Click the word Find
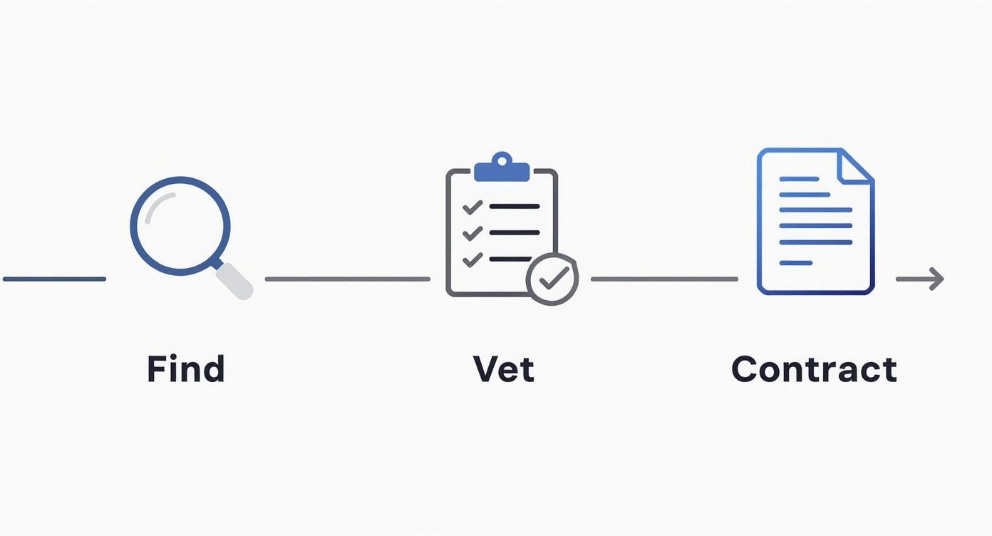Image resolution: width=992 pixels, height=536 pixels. pyautogui.click(x=186, y=369)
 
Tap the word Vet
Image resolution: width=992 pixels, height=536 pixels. pyautogui.click(x=503, y=369)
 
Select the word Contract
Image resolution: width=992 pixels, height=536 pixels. pyautogui.click(x=814, y=369)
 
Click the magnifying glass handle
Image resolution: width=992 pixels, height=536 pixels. pyautogui.click(x=235, y=281)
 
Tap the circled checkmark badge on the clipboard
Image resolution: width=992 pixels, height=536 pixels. pyautogui.click(x=552, y=279)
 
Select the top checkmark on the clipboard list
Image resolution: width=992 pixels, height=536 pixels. pyautogui.click(x=472, y=207)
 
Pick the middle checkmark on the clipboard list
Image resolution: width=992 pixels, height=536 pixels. pyautogui.click(x=472, y=233)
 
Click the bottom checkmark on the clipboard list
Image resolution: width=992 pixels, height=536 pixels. pyautogui.click(x=472, y=259)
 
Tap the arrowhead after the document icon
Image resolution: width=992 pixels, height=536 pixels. pyautogui.click(x=936, y=279)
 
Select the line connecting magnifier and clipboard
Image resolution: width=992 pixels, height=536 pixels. pyautogui.click(x=348, y=279)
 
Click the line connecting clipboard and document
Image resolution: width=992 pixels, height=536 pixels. pyautogui.click(x=664, y=279)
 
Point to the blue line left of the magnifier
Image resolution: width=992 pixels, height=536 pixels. pyautogui.click(x=54, y=279)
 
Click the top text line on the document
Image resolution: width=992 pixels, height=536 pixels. pyautogui.click(x=799, y=178)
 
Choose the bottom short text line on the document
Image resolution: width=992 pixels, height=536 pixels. pyautogui.click(x=795, y=263)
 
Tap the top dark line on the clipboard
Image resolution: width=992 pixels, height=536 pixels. pyautogui.click(x=514, y=207)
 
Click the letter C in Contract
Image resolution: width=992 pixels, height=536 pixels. pyautogui.click(x=745, y=369)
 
